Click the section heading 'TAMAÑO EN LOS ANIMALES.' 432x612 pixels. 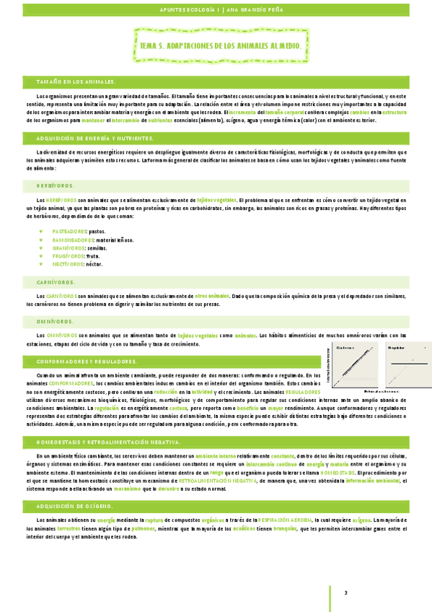pos(76,82)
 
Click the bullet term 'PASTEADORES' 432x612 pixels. pos(69,231)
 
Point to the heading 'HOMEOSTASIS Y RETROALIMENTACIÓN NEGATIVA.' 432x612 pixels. pos(107,441)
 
